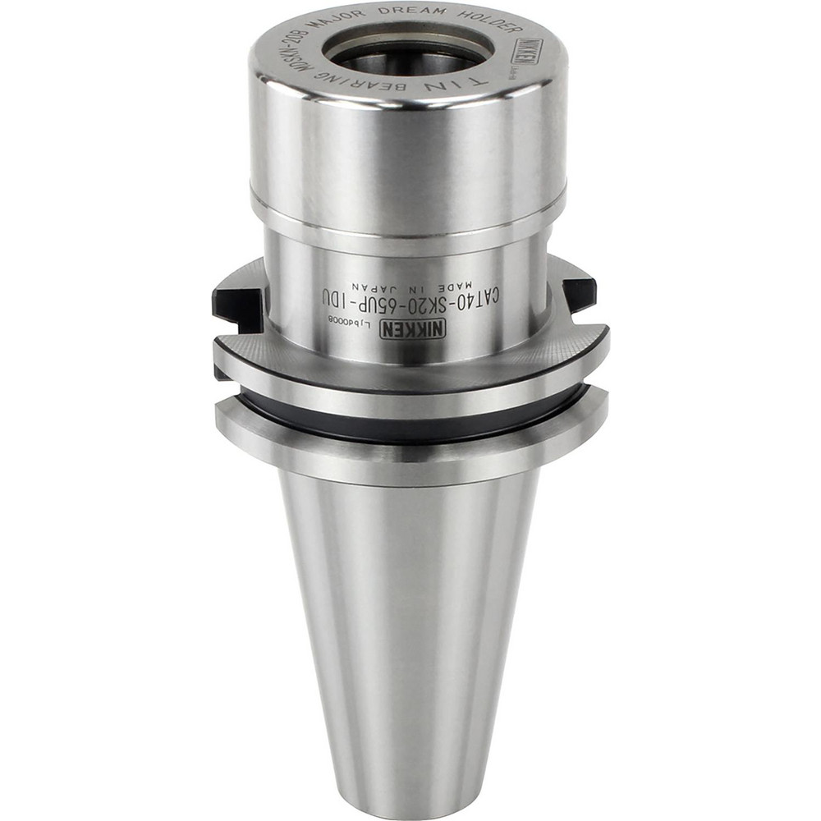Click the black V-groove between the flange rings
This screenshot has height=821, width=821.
point(410,422)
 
